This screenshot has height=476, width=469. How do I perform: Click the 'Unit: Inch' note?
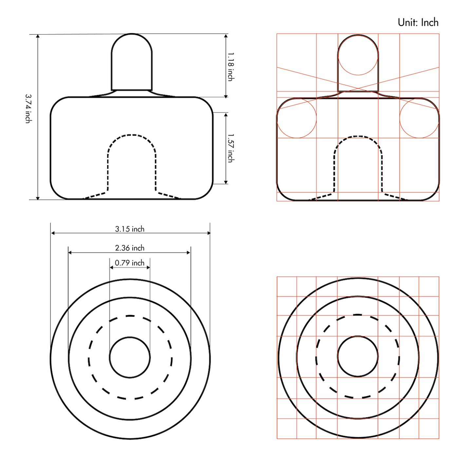(x=418, y=23)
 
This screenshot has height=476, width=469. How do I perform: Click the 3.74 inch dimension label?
(x=28, y=109)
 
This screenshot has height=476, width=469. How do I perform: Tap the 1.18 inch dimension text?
(x=231, y=67)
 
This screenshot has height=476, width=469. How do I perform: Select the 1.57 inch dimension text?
(x=231, y=148)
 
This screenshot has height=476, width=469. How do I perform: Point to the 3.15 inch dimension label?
(x=130, y=229)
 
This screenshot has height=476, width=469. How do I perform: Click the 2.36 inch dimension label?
(x=130, y=248)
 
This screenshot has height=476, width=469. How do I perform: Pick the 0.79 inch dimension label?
(x=130, y=263)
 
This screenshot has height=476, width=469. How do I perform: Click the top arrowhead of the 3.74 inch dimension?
(x=38, y=36)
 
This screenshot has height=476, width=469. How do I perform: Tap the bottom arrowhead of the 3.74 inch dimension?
(x=38, y=198)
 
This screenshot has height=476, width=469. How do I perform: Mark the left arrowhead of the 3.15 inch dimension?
(x=53, y=233)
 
